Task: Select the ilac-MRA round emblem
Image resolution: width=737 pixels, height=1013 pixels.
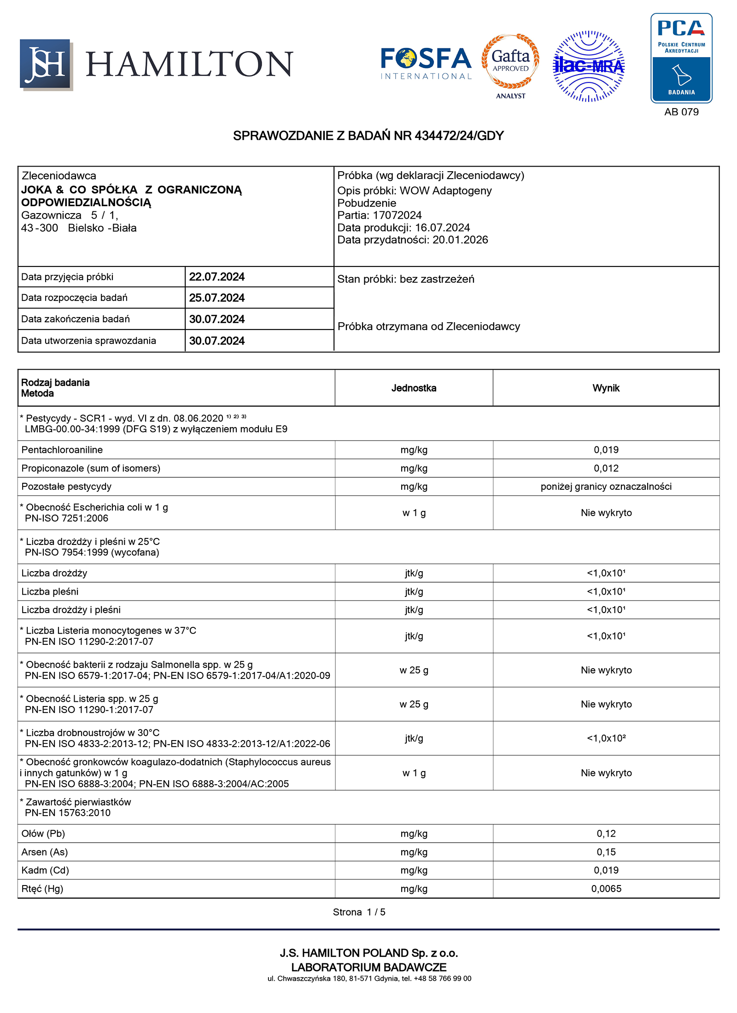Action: pos(588,66)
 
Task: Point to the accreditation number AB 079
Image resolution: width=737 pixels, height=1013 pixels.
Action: pos(681,112)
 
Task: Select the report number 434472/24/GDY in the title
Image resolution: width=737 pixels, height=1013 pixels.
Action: pos(459,136)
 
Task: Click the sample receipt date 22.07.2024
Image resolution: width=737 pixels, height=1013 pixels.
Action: pos(216,277)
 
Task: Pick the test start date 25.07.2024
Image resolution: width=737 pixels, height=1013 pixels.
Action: pos(216,298)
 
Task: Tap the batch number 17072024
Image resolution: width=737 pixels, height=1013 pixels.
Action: pos(397,215)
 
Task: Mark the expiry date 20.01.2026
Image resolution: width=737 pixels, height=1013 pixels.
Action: pos(460,240)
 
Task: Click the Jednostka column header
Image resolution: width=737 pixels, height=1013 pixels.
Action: pos(414,388)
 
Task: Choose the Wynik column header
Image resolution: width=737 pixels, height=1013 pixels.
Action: pos(606,388)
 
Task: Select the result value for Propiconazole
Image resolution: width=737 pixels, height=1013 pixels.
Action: pos(606,468)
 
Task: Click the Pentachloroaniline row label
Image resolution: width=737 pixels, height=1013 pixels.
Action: pos(62,450)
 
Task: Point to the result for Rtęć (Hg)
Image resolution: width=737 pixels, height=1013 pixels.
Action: pos(606,888)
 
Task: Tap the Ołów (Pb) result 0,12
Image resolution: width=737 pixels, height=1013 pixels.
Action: pos(606,834)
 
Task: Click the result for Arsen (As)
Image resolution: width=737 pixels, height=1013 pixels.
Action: pos(606,852)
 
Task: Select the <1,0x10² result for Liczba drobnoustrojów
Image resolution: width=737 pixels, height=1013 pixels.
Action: pos(606,738)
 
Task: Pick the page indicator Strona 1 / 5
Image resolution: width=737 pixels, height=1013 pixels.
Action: pos(359,912)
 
